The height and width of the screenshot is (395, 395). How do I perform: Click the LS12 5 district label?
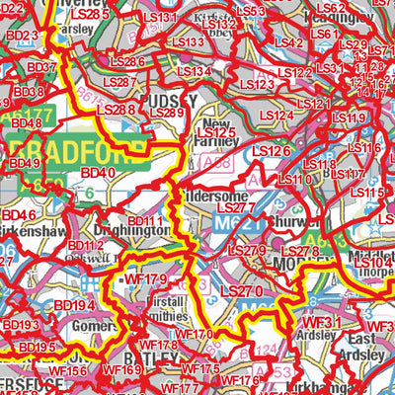pyautogui.click(x=216, y=132)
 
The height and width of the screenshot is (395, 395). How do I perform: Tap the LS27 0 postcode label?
pyautogui.click(x=241, y=291)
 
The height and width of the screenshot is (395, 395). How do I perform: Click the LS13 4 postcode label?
pyautogui.click(x=193, y=72)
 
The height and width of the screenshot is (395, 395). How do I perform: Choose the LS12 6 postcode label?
pyautogui.click(x=271, y=151)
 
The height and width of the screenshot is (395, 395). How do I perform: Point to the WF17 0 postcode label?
pyautogui.click(x=194, y=335)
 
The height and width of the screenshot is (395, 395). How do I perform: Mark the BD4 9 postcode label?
pyautogui.click(x=23, y=163)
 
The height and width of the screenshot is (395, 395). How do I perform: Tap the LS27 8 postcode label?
pyautogui.click(x=300, y=253)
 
